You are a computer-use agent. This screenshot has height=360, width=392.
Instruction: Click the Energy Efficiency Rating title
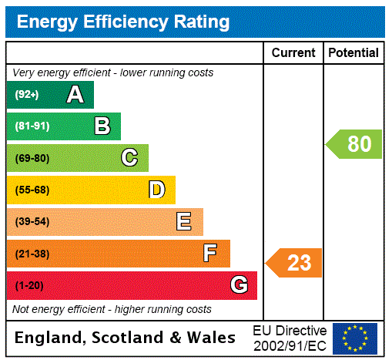tap(122, 22)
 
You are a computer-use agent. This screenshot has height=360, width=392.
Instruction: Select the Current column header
tap(293, 52)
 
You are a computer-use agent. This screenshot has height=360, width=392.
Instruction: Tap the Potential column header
tap(353, 52)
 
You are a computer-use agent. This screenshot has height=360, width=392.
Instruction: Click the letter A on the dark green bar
tap(75, 95)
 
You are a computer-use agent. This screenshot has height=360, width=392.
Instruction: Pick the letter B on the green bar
tap(102, 126)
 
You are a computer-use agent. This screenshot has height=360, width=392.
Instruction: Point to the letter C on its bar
tap(129, 158)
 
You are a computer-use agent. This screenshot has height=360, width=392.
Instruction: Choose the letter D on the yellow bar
tap(156, 190)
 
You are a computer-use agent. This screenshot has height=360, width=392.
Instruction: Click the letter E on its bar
tap(184, 222)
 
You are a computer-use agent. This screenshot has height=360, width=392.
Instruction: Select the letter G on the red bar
tap(239, 285)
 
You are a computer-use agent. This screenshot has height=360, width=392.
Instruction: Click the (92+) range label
tap(27, 95)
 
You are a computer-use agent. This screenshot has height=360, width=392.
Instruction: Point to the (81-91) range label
tap(32, 126)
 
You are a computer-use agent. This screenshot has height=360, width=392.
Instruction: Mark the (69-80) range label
tap(32, 158)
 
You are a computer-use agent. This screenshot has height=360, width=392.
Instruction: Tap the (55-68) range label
tap(32, 190)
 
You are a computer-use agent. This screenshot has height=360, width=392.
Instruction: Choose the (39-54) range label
tap(32, 222)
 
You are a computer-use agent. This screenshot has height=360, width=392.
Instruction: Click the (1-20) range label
tap(29, 285)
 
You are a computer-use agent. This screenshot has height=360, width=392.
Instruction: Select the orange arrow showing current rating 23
tap(294, 263)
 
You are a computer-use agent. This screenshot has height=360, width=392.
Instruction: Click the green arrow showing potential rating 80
tap(354, 144)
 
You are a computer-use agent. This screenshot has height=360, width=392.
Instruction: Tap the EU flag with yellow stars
tap(355, 338)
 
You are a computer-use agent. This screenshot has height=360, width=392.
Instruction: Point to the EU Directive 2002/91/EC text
tap(290, 338)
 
